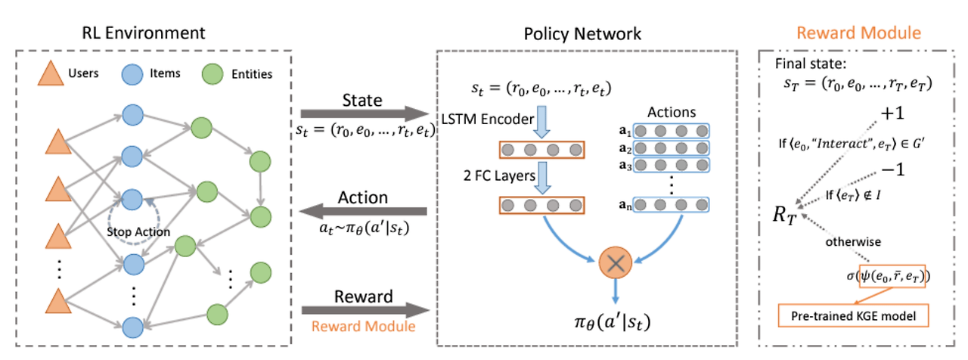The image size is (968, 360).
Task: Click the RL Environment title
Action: point(144,33)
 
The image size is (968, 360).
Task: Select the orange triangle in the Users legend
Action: point(48,73)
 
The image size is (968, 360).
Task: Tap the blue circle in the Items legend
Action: point(131,73)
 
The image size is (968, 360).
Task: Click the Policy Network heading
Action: point(582,33)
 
